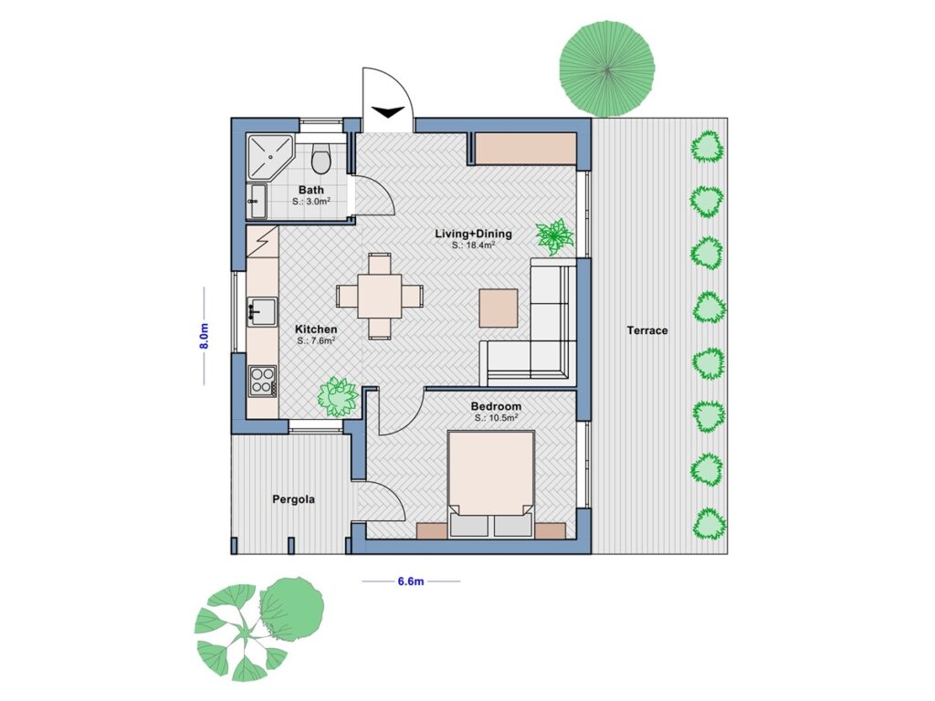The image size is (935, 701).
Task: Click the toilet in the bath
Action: [x=320, y=160]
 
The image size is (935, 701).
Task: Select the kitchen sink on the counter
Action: [x=261, y=311]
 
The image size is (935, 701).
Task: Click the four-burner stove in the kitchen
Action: [x=262, y=380]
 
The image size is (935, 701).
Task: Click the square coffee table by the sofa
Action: [x=499, y=308]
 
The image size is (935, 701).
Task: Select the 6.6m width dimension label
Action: [x=411, y=581]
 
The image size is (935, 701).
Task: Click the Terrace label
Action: [x=646, y=330]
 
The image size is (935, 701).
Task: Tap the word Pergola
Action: [x=294, y=499]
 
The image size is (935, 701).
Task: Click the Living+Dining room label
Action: [x=473, y=234]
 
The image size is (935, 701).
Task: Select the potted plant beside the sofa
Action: [x=553, y=235]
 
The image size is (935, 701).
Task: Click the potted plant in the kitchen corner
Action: [x=337, y=397]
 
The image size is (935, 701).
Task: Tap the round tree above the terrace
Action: [x=606, y=69]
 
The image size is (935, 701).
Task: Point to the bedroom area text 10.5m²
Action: [x=497, y=417]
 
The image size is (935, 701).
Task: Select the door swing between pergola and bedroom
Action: [x=382, y=504]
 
